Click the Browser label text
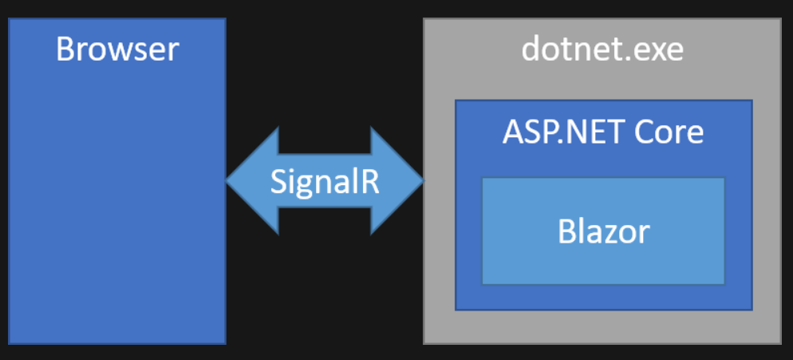coord(117,49)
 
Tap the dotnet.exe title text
coord(602,49)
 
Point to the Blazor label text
coord(603,232)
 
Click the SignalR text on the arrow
coord(325,182)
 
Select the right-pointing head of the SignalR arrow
coord(397,180)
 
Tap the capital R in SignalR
coord(369,181)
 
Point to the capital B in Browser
coord(65,49)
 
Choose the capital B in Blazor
coord(566,232)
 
